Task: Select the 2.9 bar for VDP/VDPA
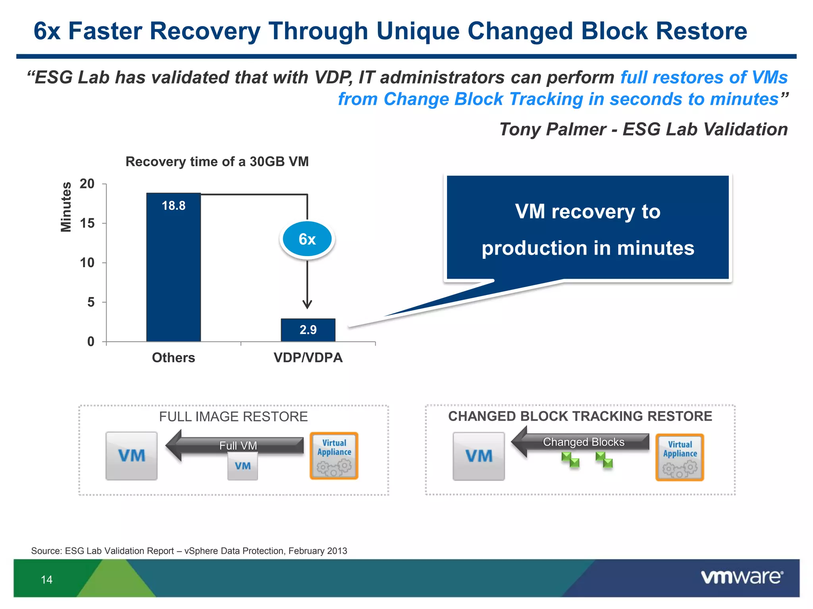[308, 330]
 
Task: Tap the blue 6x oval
[307, 239]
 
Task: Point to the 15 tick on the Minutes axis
[87, 223]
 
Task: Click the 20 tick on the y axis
[87, 184]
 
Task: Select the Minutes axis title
[66, 207]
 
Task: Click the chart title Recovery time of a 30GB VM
[217, 161]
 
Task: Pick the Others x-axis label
[173, 358]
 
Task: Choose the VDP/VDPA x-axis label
[308, 358]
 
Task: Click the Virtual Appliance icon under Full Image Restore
[334, 456]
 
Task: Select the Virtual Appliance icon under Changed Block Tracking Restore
[680, 457]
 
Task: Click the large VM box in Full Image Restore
[131, 456]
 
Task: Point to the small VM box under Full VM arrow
[243, 466]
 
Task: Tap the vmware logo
[742, 577]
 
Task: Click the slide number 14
[46, 580]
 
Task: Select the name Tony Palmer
[552, 129]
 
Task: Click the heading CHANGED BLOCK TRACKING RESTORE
[580, 416]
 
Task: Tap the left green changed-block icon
[570, 460]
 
